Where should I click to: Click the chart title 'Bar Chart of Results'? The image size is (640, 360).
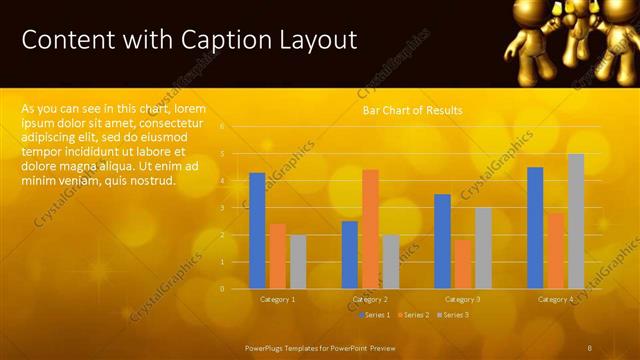pos(412,110)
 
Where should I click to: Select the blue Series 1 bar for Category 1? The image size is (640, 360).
pos(257,230)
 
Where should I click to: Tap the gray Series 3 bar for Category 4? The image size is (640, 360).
pos(575,221)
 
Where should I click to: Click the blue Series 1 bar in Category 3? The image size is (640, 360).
pos(442,241)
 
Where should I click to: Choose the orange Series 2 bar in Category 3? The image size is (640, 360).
pos(462,263)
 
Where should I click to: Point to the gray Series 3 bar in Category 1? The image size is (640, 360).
pos(298,261)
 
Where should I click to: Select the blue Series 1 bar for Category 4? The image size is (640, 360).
pos(535,227)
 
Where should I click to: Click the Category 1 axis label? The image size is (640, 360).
pos(277,299)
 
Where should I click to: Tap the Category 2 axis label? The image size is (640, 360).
pos(370,299)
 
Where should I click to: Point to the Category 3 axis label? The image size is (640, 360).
pos(462,299)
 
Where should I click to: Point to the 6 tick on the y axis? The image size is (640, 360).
pos(237,127)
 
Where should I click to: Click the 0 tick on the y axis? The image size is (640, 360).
pos(237,288)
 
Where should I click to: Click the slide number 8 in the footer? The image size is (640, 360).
pos(590,346)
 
